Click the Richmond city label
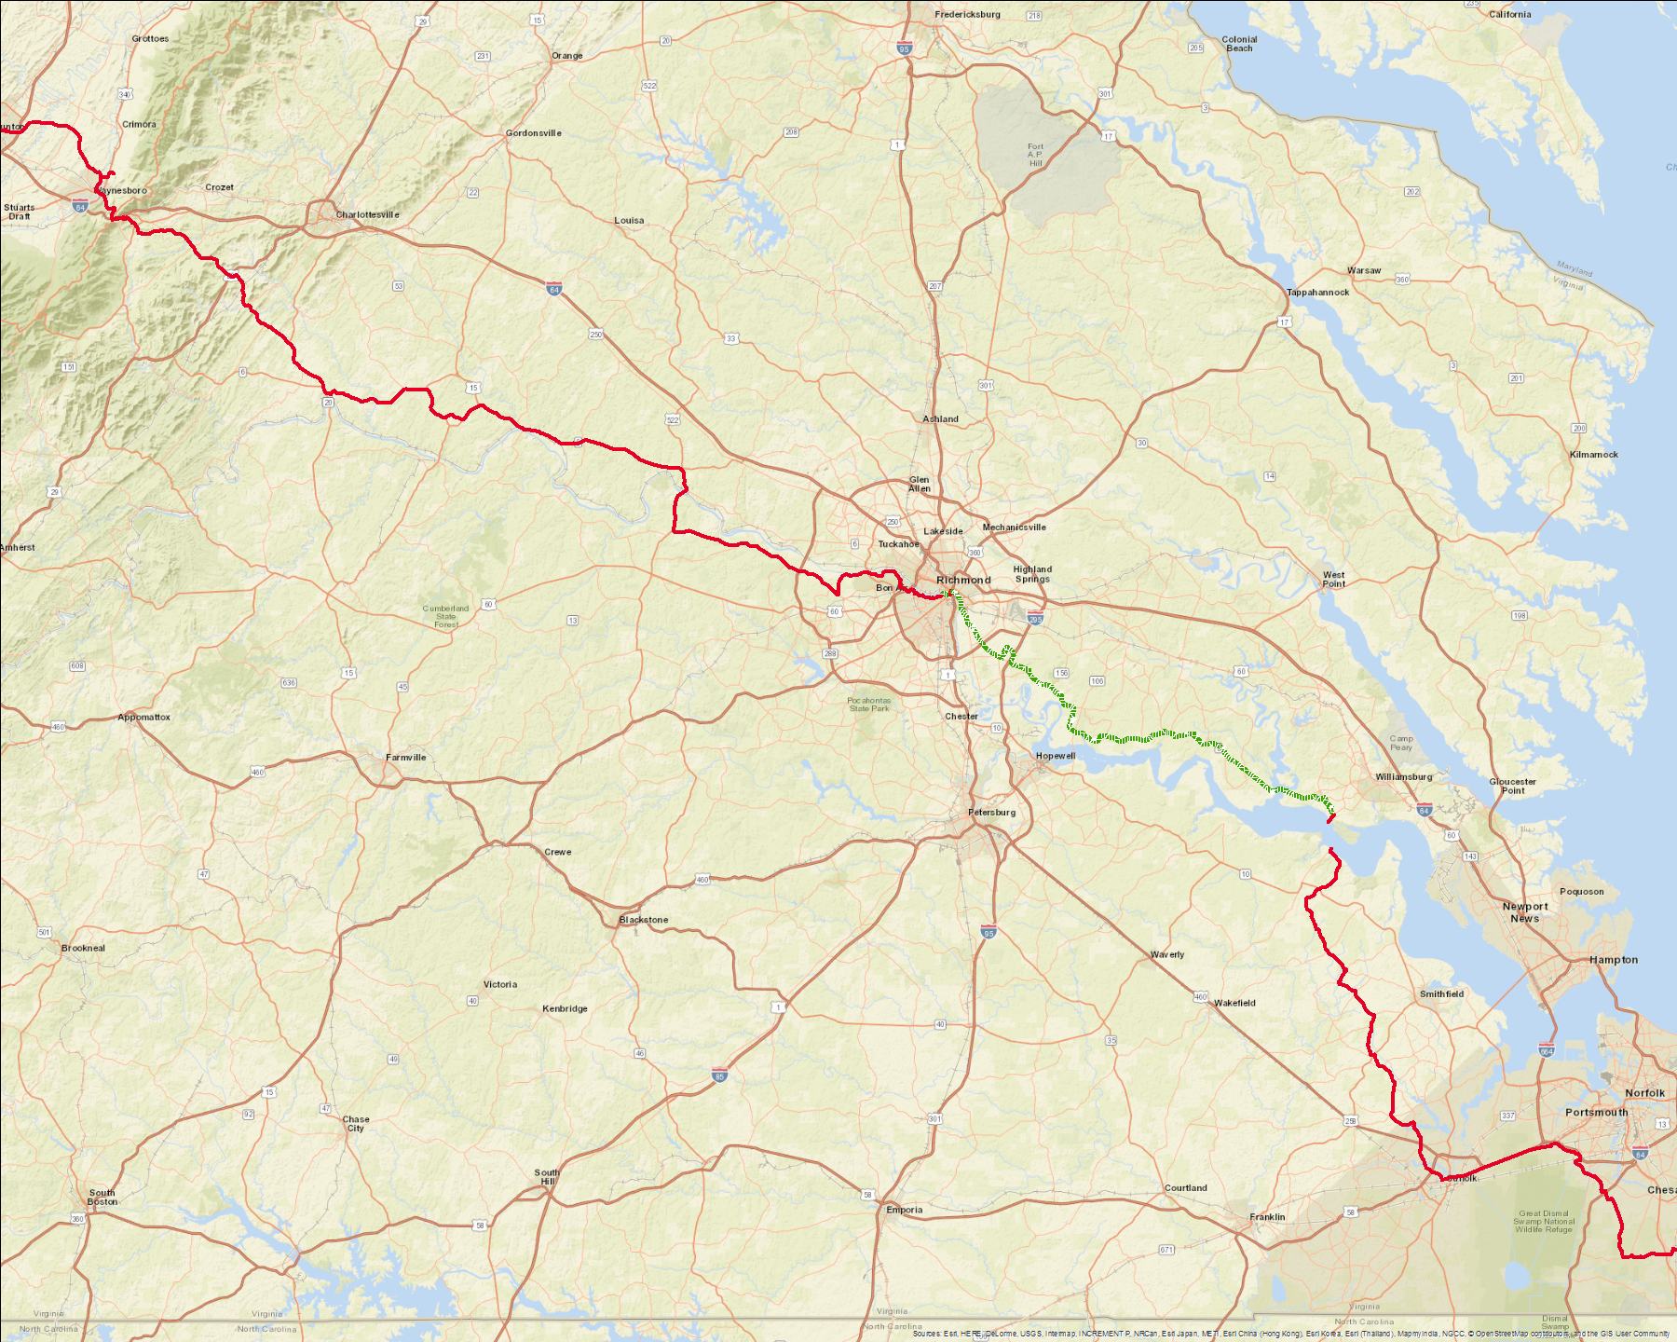[x=963, y=580]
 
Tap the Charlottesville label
[x=367, y=214]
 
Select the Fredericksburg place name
[x=967, y=15]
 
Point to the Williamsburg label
[x=1403, y=776]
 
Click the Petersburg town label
[x=991, y=813]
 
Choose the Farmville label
[x=406, y=758]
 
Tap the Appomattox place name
[x=144, y=718]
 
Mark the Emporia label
[x=904, y=1211]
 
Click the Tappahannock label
[x=1317, y=292]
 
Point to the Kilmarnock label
[x=1593, y=455]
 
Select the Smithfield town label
[x=1441, y=993]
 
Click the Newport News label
[x=1524, y=912]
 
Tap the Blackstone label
[x=644, y=920]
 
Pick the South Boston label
[x=102, y=1198]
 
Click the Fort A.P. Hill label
[x=1036, y=155]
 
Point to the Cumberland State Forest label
[x=445, y=616]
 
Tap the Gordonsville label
[x=533, y=133]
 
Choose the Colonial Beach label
[x=1239, y=44]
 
